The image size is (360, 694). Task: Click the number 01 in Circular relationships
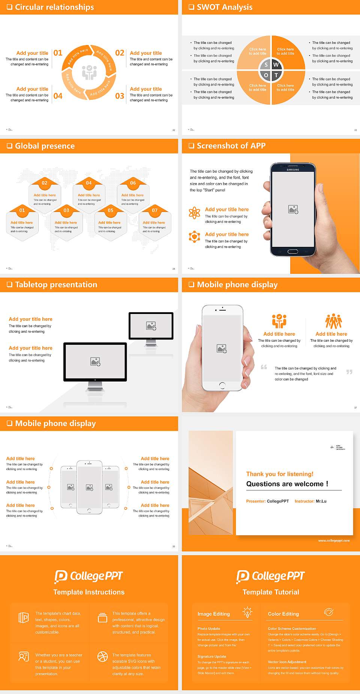(x=58, y=53)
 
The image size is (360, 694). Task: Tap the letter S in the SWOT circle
(x=266, y=65)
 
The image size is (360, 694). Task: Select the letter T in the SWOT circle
(x=276, y=75)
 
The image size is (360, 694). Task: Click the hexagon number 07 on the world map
(x=154, y=210)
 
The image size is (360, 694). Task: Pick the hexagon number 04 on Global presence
(x=88, y=183)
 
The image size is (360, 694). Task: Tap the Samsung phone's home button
(x=292, y=251)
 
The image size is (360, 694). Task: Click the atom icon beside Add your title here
(x=194, y=213)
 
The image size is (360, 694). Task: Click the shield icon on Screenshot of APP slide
(x=194, y=237)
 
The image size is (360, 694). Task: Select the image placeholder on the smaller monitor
(x=151, y=326)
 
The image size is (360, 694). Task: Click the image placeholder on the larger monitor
(x=95, y=362)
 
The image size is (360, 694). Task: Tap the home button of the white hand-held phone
(x=222, y=385)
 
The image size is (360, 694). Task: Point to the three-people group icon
(x=333, y=321)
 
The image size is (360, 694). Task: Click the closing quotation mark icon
(x=349, y=372)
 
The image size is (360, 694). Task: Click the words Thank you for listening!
(x=280, y=474)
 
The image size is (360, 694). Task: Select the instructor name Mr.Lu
(x=321, y=501)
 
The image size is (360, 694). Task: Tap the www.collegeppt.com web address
(x=334, y=541)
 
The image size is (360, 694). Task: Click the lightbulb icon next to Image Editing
(x=247, y=612)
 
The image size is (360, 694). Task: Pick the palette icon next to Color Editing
(x=328, y=612)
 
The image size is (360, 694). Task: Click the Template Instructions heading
(x=89, y=592)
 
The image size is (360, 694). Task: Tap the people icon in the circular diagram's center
(x=89, y=72)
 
